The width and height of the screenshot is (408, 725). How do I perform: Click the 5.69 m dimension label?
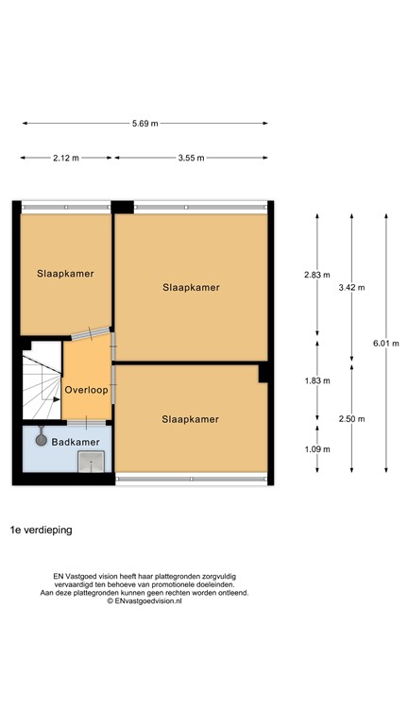[x=144, y=124]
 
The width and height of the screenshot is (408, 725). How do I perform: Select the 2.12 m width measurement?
[x=66, y=159]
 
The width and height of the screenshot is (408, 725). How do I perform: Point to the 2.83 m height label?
[x=317, y=275]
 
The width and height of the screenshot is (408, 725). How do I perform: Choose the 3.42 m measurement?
[x=351, y=288]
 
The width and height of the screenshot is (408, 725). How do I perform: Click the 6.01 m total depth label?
[x=385, y=344]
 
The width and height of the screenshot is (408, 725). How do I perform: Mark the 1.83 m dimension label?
[x=317, y=381]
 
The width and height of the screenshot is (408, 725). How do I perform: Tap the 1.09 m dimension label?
[x=317, y=448]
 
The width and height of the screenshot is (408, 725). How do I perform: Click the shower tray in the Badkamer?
[x=92, y=461]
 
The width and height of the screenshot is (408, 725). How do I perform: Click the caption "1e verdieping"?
[x=42, y=531]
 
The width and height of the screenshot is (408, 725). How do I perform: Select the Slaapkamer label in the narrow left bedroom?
[x=66, y=275]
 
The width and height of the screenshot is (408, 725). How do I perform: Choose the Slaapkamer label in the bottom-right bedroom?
[x=190, y=419]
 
